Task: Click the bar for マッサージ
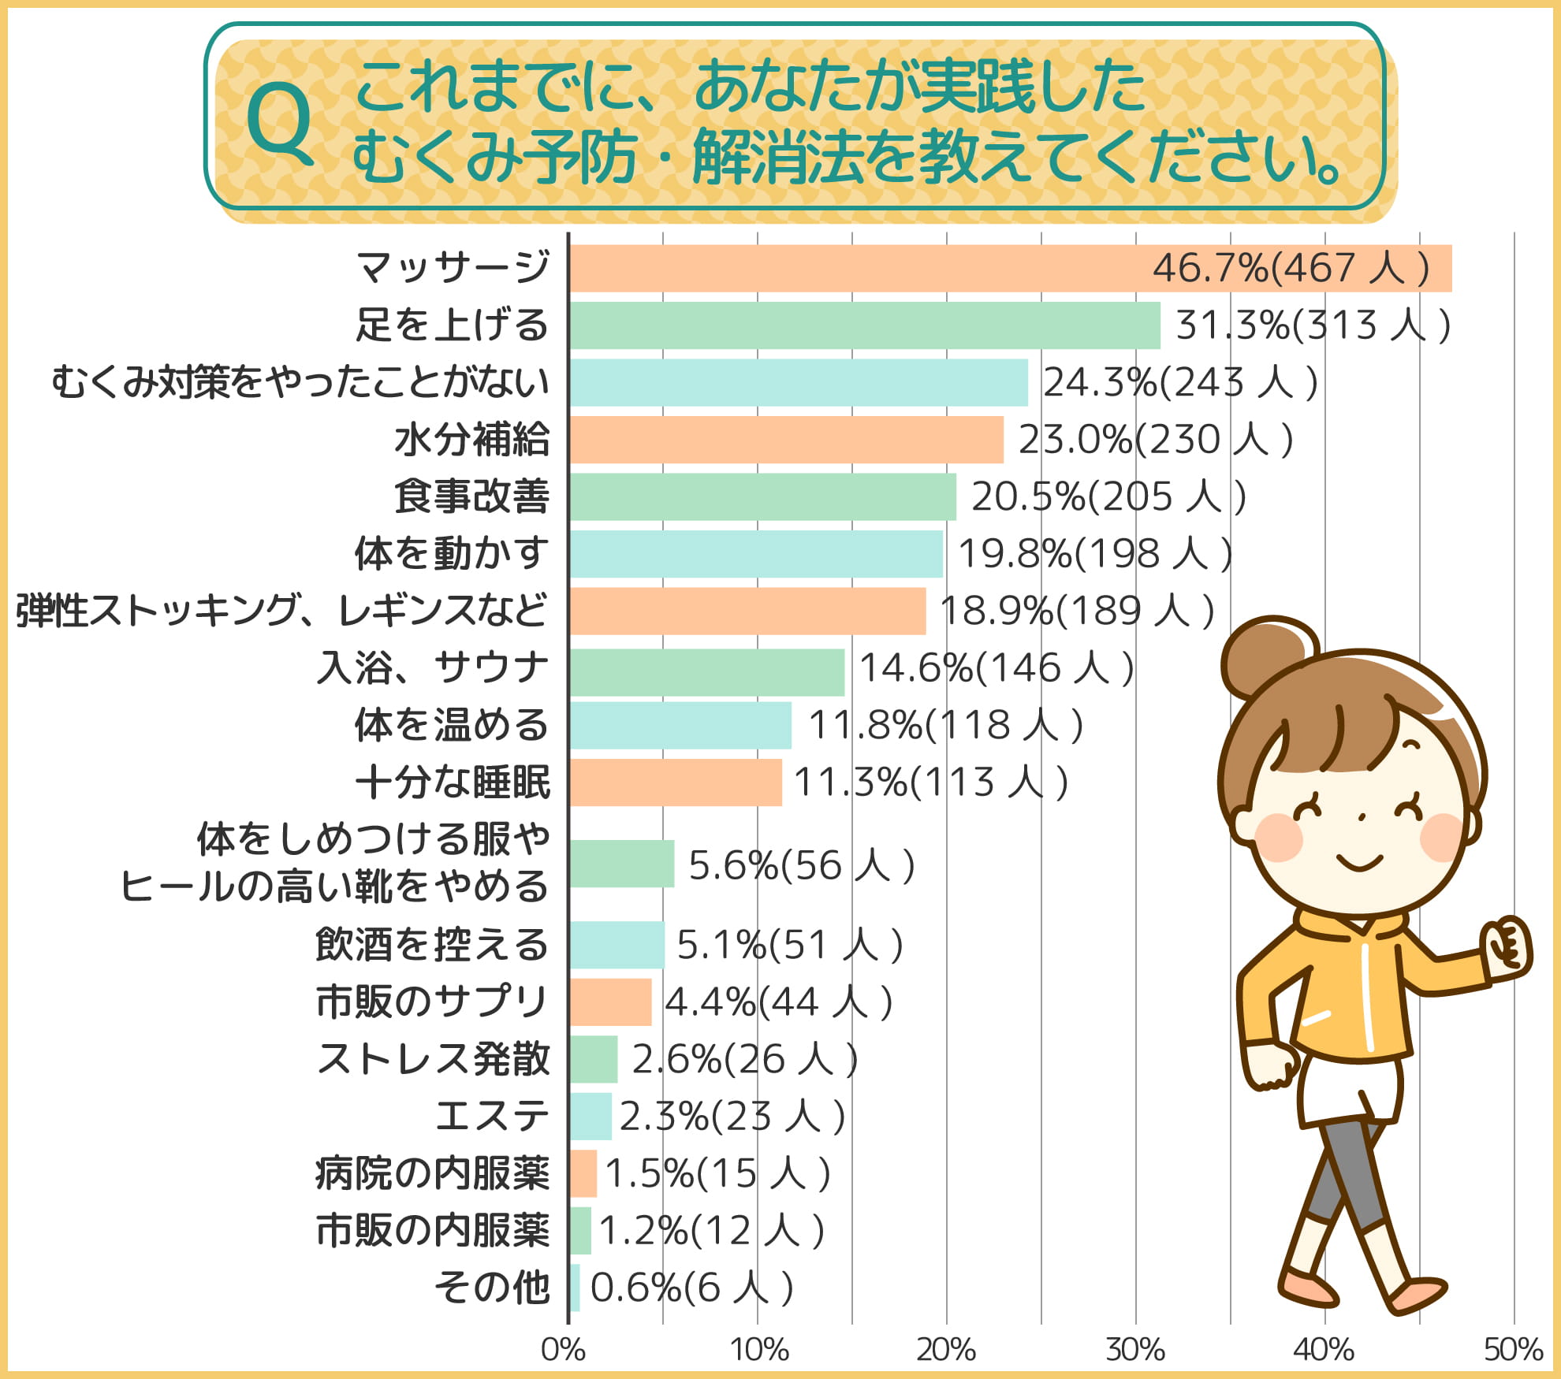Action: (x=1009, y=268)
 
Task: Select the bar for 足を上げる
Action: (x=864, y=325)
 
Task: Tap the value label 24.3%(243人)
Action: (x=1180, y=383)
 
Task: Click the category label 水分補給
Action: (x=471, y=440)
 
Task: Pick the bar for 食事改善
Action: (x=762, y=496)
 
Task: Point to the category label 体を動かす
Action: (x=451, y=553)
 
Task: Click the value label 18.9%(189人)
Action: (x=1077, y=611)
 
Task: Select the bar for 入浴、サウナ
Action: (x=706, y=672)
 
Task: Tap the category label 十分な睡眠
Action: (x=453, y=782)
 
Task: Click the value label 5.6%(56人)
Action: (x=801, y=865)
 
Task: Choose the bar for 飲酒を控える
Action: (x=617, y=945)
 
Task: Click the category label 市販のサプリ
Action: (x=431, y=1002)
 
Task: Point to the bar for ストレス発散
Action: (x=593, y=1059)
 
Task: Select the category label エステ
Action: (x=492, y=1116)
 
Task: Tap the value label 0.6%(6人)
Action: (x=691, y=1288)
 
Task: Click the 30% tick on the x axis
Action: (x=1135, y=1350)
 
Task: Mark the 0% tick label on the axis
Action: (x=563, y=1350)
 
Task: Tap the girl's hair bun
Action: (x=1267, y=657)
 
